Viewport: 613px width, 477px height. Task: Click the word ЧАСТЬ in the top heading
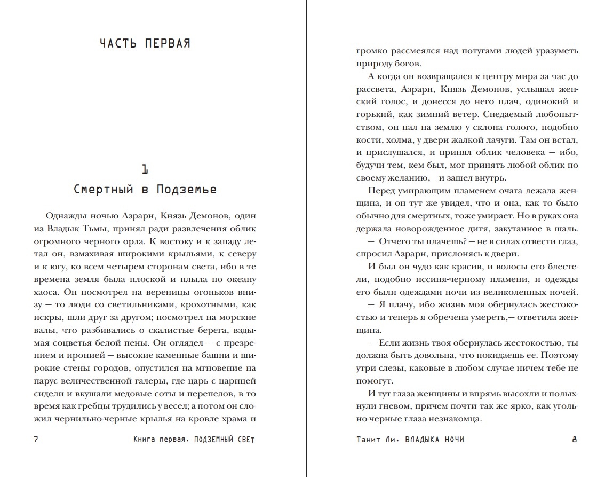tap(119, 44)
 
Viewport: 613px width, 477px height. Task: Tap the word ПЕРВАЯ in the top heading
tap(167, 44)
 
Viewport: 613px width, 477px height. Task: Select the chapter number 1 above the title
tap(145, 169)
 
